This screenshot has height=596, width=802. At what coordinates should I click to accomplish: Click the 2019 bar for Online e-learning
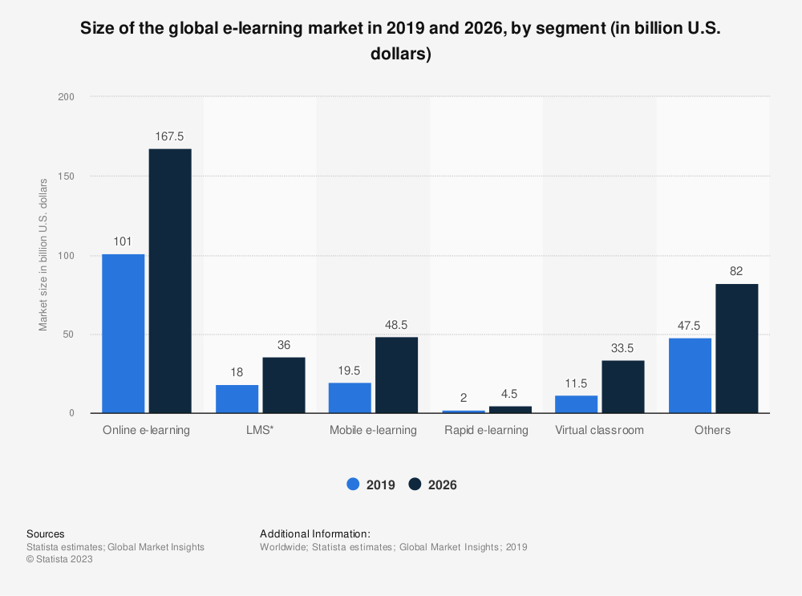(124, 334)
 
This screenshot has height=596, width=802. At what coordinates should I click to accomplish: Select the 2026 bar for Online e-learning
(170, 281)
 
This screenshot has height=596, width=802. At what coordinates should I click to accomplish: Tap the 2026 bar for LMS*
(284, 385)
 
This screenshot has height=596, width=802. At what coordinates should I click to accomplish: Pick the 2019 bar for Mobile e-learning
(350, 398)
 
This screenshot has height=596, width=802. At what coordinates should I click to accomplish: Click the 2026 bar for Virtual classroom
(623, 387)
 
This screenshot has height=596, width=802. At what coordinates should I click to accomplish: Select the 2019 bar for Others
(690, 375)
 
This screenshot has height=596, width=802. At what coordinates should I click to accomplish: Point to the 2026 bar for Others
(737, 348)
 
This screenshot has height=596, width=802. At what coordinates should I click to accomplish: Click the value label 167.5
(170, 136)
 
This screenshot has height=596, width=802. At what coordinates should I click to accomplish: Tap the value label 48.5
(396, 325)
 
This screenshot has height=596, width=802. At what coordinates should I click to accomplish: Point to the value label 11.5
(576, 383)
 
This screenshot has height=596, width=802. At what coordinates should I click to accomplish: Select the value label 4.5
(510, 395)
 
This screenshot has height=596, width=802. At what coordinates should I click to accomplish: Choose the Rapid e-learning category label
(486, 430)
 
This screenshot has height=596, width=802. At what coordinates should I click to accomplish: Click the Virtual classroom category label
(599, 430)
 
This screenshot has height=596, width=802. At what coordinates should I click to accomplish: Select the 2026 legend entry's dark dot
(415, 485)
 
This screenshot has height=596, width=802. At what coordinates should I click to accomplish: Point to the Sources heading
(46, 533)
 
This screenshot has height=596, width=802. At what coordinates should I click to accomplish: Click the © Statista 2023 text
(59, 560)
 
